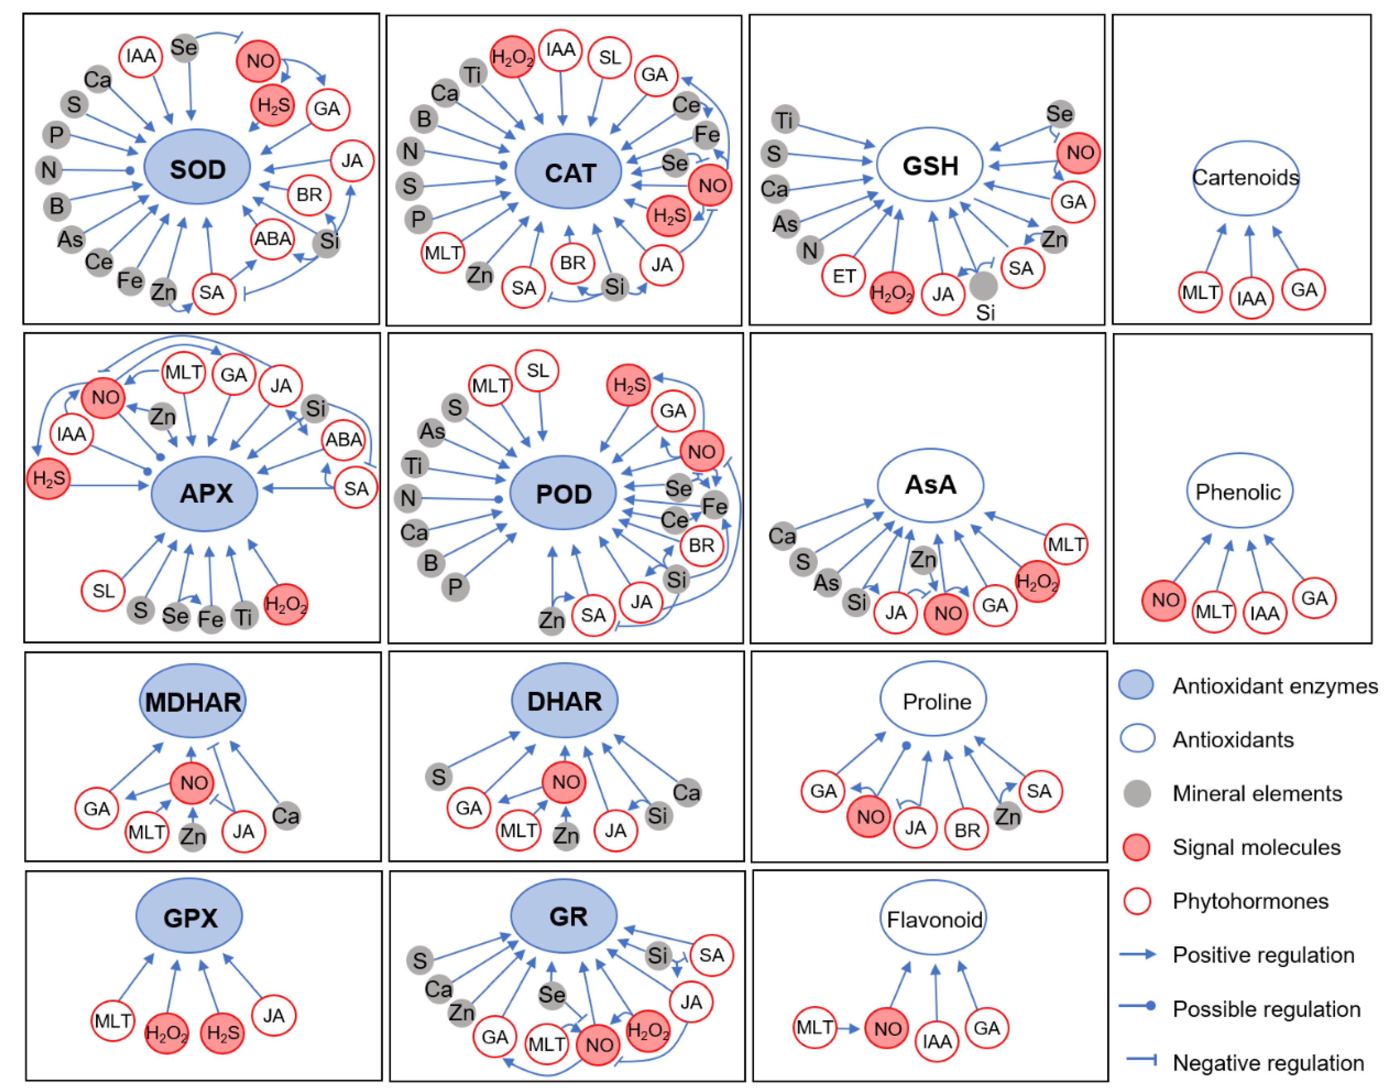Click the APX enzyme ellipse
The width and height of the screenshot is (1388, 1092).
204,493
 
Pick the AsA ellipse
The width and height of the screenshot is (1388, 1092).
930,485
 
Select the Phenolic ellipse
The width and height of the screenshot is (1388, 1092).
1238,491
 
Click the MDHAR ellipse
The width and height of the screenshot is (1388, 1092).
192,701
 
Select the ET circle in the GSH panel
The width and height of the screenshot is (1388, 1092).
843,276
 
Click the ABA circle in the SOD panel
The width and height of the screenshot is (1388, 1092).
272,238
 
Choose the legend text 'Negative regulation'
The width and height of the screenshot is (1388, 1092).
1268,1062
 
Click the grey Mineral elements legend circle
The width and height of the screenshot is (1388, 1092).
1137,793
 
